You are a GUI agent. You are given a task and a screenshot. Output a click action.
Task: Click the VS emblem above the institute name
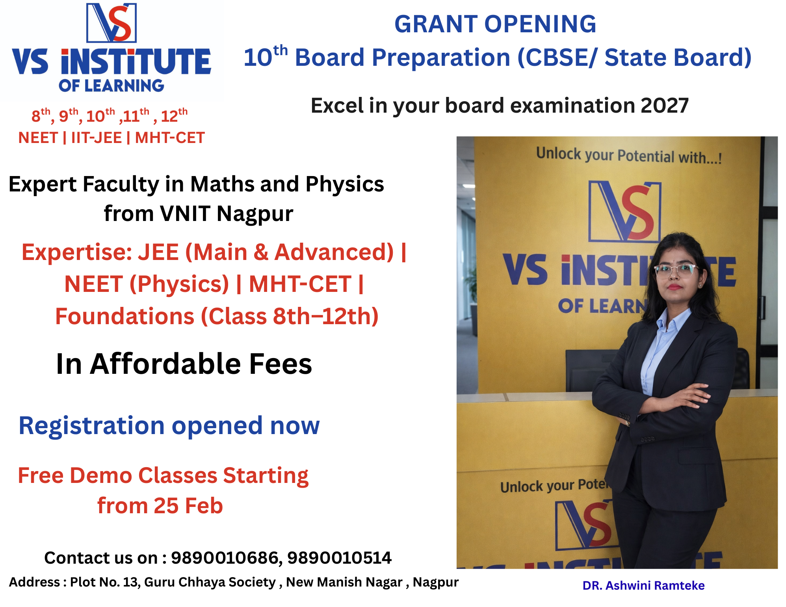111,22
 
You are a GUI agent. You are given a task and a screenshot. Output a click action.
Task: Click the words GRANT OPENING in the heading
495,24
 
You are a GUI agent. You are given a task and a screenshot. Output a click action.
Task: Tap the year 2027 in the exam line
665,105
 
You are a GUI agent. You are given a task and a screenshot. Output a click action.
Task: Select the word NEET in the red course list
38,138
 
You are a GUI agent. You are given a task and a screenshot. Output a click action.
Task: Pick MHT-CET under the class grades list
170,138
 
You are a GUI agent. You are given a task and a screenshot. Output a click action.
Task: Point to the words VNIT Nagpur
227,214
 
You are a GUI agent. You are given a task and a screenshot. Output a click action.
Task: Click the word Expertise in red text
77,253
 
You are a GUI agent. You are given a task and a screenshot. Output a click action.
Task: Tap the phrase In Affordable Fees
184,364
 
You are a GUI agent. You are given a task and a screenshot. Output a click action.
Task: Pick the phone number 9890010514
339,558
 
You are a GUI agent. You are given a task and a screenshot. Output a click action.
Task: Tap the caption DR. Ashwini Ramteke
643,586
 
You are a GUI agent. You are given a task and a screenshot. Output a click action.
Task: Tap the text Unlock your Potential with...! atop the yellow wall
629,156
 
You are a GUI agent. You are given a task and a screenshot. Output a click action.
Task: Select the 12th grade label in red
174,115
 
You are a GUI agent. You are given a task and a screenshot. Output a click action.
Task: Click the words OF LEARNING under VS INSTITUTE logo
111,85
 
